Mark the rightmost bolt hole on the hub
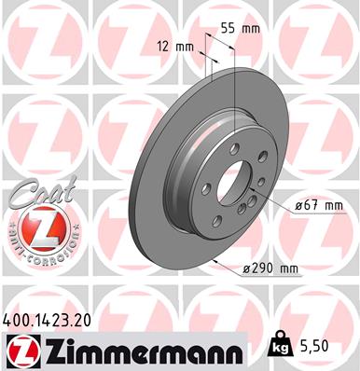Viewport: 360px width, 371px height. (263, 157)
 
